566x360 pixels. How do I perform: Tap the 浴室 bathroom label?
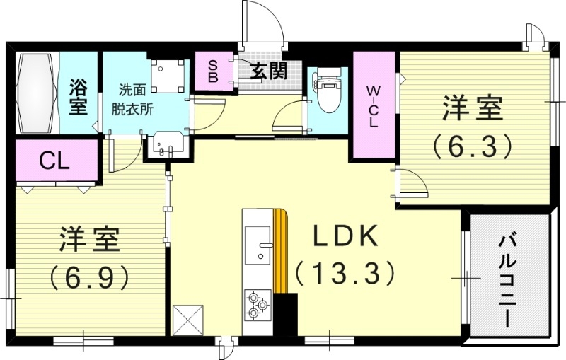point(79,100)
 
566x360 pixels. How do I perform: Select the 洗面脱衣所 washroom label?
point(133,100)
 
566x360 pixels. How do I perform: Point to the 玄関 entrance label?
point(267,71)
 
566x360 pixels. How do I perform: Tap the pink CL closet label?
point(54,161)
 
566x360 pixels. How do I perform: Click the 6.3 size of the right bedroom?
point(472,146)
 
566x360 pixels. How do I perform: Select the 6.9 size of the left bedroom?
point(90,274)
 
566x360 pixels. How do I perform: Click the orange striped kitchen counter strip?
point(282,251)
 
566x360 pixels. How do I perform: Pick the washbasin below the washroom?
point(166,147)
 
